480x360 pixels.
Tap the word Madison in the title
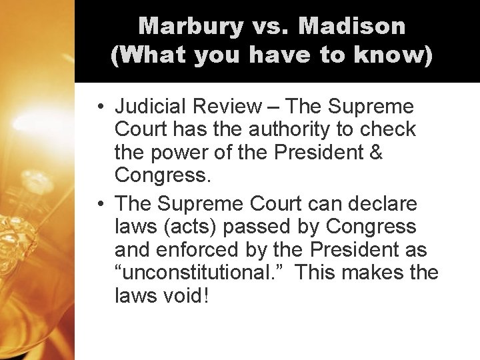coord(352,26)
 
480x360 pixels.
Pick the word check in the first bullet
coord(390,129)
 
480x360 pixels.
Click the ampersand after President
coord(375,152)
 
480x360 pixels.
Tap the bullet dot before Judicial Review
coord(98,107)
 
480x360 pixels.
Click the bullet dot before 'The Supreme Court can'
coord(98,203)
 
